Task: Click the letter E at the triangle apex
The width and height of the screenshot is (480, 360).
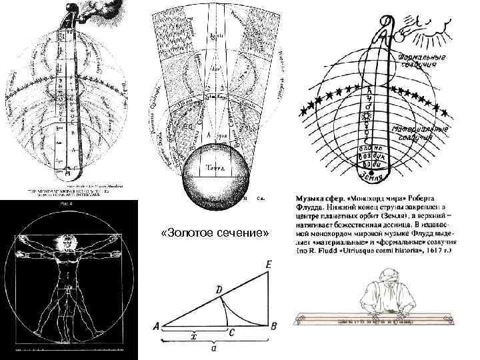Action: click(x=268, y=265)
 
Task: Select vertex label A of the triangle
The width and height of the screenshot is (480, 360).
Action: click(x=157, y=327)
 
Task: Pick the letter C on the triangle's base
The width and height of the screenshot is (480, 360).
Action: click(x=231, y=332)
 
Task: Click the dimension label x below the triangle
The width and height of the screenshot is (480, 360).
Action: click(x=193, y=337)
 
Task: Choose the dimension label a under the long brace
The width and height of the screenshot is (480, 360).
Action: click(x=212, y=349)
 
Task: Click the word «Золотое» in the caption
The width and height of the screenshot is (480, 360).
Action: click(x=193, y=233)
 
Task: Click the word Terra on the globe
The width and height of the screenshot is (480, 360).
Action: click(x=215, y=167)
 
